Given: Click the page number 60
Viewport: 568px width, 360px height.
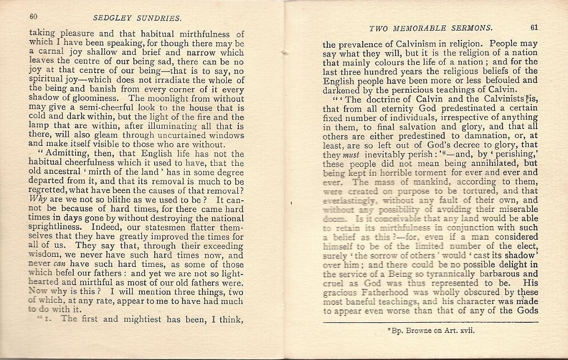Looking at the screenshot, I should click(34, 17).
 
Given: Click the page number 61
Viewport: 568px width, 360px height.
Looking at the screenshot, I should click(534, 27).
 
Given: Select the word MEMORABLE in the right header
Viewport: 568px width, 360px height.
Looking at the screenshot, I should click(427, 28).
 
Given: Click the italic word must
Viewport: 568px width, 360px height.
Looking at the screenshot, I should click(351, 155).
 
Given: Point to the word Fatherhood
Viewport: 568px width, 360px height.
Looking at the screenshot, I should click(389, 292).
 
